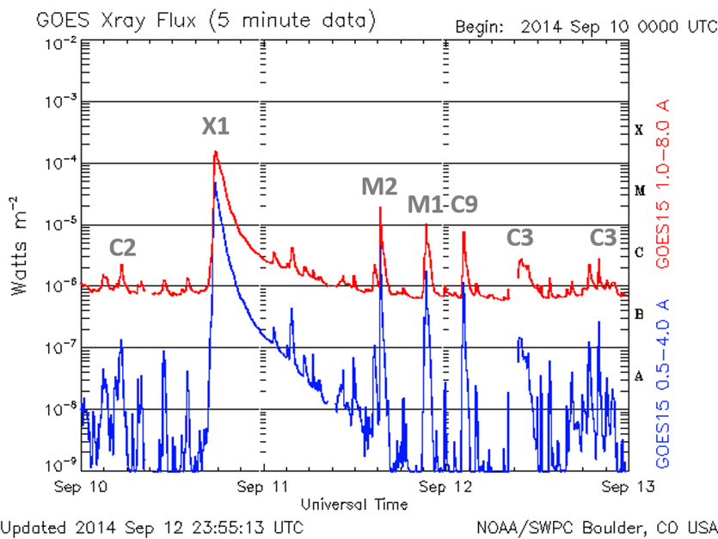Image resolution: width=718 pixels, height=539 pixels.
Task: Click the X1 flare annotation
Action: point(216,126)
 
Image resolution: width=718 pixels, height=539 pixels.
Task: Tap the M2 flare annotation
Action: point(379,186)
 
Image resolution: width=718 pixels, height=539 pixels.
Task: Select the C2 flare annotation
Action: point(123,248)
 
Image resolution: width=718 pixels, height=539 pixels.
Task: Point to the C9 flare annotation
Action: point(465,205)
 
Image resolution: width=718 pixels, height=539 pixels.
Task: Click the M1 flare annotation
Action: point(425,205)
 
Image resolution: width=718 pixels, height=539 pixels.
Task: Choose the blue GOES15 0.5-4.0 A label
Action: point(664,383)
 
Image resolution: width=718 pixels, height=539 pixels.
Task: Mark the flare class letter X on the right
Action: point(639,131)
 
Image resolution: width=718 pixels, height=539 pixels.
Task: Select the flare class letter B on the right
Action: point(639,315)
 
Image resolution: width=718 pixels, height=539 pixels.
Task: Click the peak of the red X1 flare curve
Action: point(216,153)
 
